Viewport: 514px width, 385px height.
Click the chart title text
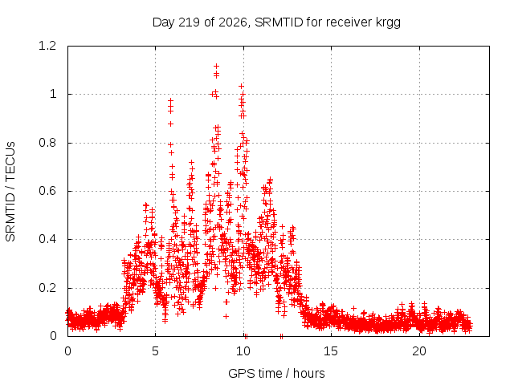(276, 22)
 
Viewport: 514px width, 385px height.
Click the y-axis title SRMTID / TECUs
(10, 192)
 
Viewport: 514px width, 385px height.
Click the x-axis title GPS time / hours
(276, 374)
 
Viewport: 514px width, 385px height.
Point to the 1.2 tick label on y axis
(47, 46)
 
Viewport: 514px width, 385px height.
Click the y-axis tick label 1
(53, 95)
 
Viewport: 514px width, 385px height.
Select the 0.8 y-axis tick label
(47, 143)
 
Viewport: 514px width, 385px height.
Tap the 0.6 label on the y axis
(47, 191)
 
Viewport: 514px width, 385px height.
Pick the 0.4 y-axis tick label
(47, 239)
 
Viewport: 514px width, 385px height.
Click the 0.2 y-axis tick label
(47, 288)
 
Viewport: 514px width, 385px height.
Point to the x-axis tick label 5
(155, 351)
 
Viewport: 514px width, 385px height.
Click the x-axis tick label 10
(243, 351)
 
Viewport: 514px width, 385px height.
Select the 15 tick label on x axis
(331, 351)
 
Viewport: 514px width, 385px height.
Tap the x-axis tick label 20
(419, 351)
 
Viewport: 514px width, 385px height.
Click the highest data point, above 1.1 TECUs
(216, 67)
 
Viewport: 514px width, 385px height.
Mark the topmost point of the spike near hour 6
(170, 100)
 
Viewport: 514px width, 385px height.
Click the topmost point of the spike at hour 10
(241, 86)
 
